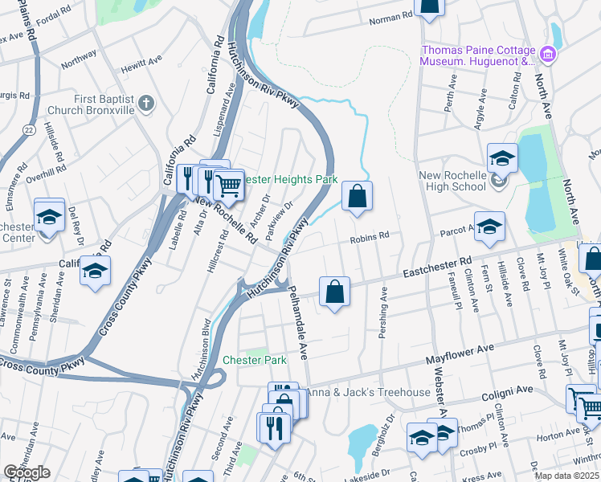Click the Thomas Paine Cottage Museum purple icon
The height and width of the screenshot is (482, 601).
coord(548,55)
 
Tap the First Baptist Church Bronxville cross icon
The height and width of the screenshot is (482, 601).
coord(145,103)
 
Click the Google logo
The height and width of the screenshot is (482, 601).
coord(27,472)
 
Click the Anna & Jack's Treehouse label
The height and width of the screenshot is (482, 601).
coord(368,392)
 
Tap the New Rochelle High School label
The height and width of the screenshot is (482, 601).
coord(452,181)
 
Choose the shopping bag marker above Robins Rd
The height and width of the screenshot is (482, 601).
coord(357,196)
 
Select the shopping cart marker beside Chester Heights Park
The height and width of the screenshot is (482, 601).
coord(229,185)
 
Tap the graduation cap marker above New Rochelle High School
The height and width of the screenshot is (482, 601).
coord(501,158)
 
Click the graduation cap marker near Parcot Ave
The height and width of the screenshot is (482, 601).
coord(489,227)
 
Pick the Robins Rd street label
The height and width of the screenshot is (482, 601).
coord(369,237)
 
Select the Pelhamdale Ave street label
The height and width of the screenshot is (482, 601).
coord(298,321)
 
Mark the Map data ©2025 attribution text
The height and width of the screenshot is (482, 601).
coord(566,476)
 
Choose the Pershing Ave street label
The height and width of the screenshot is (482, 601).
coord(384,313)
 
